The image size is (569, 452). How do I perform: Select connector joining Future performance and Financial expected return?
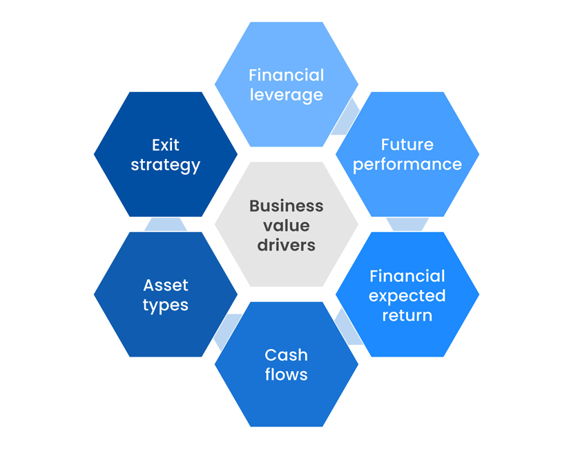pyautogui.click(x=407, y=224)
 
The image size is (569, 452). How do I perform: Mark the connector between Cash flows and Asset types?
pyautogui.click(x=226, y=330)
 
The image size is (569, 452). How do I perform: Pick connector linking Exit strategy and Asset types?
pyautogui.click(x=166, y=224)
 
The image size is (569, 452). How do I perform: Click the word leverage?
pyautogui.click(x=286, y=95)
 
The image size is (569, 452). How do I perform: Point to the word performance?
pyautogui.click(x=407, y=164)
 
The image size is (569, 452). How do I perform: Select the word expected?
pyautogui.click(x=407, y=296)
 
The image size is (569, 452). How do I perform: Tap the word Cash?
pyautogui.click(x=286, y=355)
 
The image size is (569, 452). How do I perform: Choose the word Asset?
pyautogui.click(x=166, y=285)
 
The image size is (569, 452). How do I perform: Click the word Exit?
pyautogui.click(x=166, y=144)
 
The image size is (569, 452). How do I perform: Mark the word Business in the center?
pyautogui.click(x=286, y=206)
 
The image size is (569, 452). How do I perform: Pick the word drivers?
pyautogui.click(x=286, y=245)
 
